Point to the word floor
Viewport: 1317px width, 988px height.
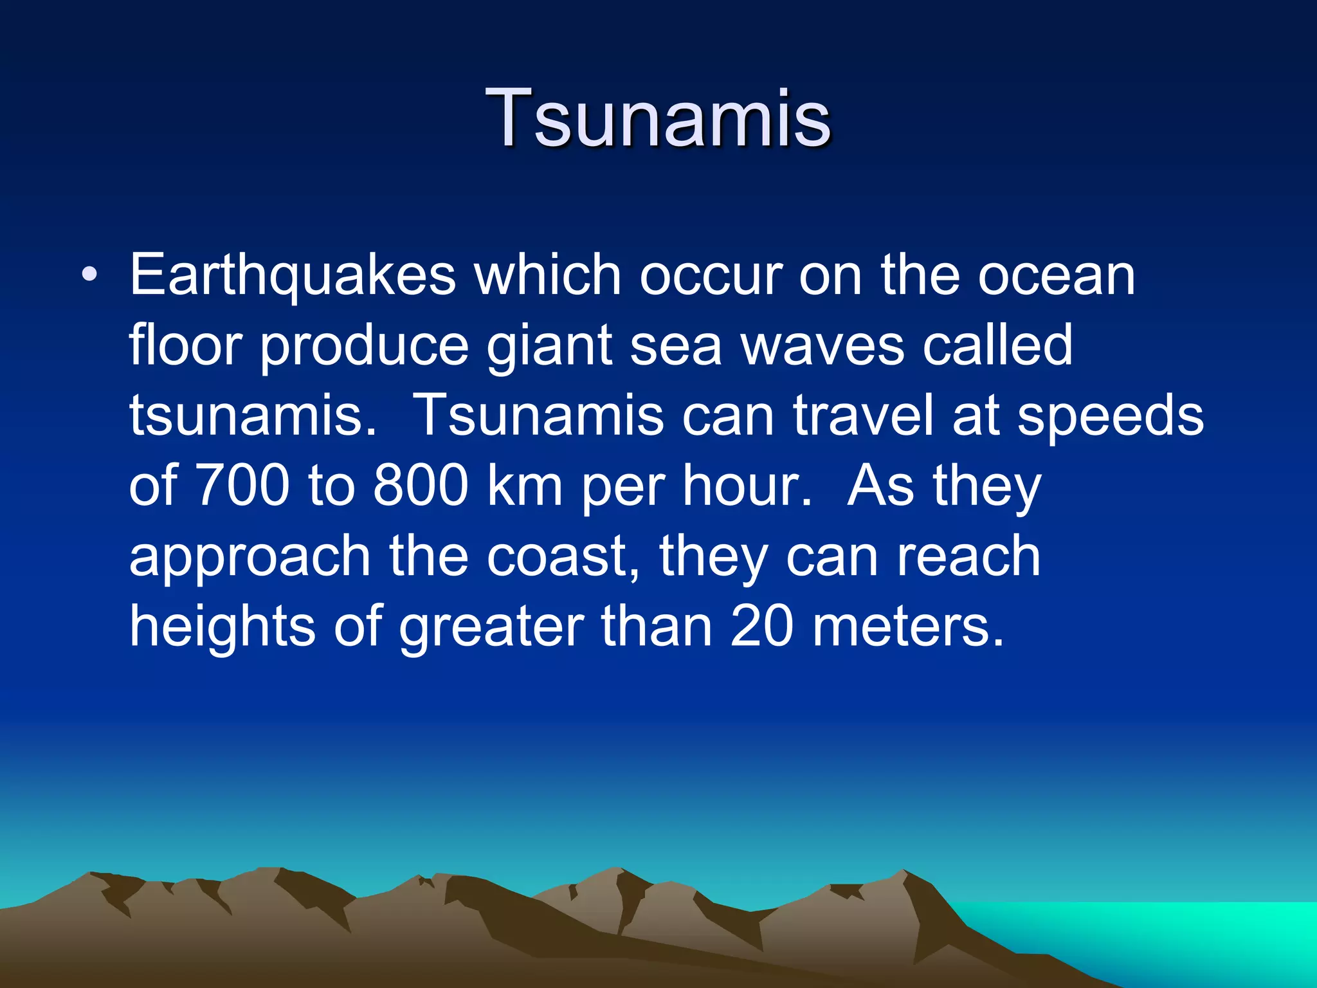(x=185, y=345)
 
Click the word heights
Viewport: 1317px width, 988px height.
(x=223, y=627)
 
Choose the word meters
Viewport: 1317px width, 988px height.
(x=907, y=627)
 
